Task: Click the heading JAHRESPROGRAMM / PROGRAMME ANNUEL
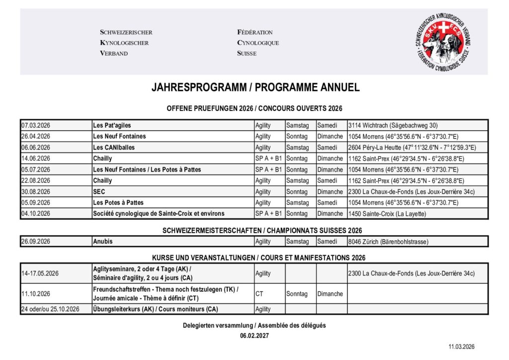[255, 88]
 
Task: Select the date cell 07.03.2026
[36, 125]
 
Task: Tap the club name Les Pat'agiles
[112, 125]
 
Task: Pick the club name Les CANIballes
[114, 148]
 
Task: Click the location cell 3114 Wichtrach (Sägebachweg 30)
[393, 125]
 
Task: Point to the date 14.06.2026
[36, 159]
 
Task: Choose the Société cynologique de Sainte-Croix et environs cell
[159, 214]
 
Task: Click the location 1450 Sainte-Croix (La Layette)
[387, 214]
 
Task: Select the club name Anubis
[103, 242]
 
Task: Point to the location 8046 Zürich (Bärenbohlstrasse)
[388, 242]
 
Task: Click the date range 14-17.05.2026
[40, 273]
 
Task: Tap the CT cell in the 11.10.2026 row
[259, 294]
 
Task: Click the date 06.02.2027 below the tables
[254, 336]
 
